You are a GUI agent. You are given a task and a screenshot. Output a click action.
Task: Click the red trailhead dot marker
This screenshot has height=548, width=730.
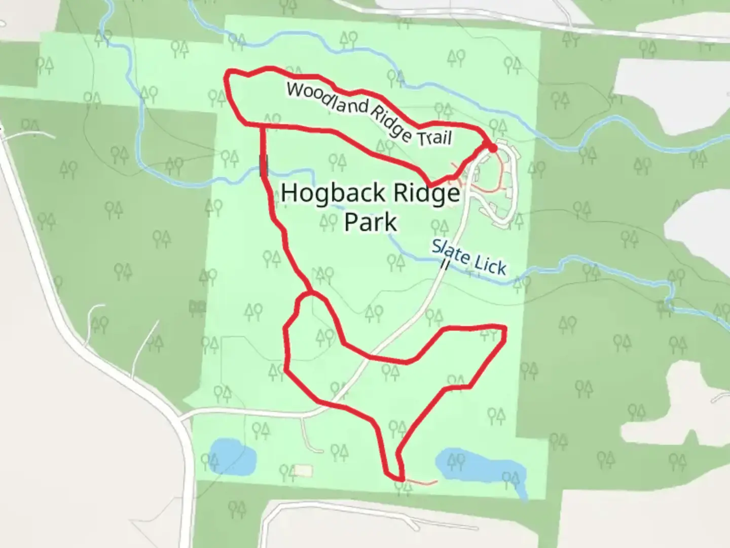pyautogui.click(x=491, y=147)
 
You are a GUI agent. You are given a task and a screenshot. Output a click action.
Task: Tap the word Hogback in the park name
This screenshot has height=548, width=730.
pyautogui.click(x=326, y=193)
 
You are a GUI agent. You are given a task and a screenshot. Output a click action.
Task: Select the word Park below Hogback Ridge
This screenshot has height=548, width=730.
pyautogui.click(x=371, y=222)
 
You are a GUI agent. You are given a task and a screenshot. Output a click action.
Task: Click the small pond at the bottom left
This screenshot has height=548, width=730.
pyautogui.click(x=232, y=457)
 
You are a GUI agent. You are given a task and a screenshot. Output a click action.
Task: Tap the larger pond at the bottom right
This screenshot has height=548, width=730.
pyautogui.click(x=479, y=465)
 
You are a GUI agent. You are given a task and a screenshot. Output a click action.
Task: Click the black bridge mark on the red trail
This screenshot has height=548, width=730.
pyautogui.click(x=263, y=166)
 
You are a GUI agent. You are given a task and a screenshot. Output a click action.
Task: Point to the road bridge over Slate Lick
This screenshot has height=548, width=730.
pyautogui.click(x=445, y=264)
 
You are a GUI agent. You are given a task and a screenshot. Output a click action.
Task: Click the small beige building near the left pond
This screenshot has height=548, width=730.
pyautogui.click(x=303, y=471)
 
